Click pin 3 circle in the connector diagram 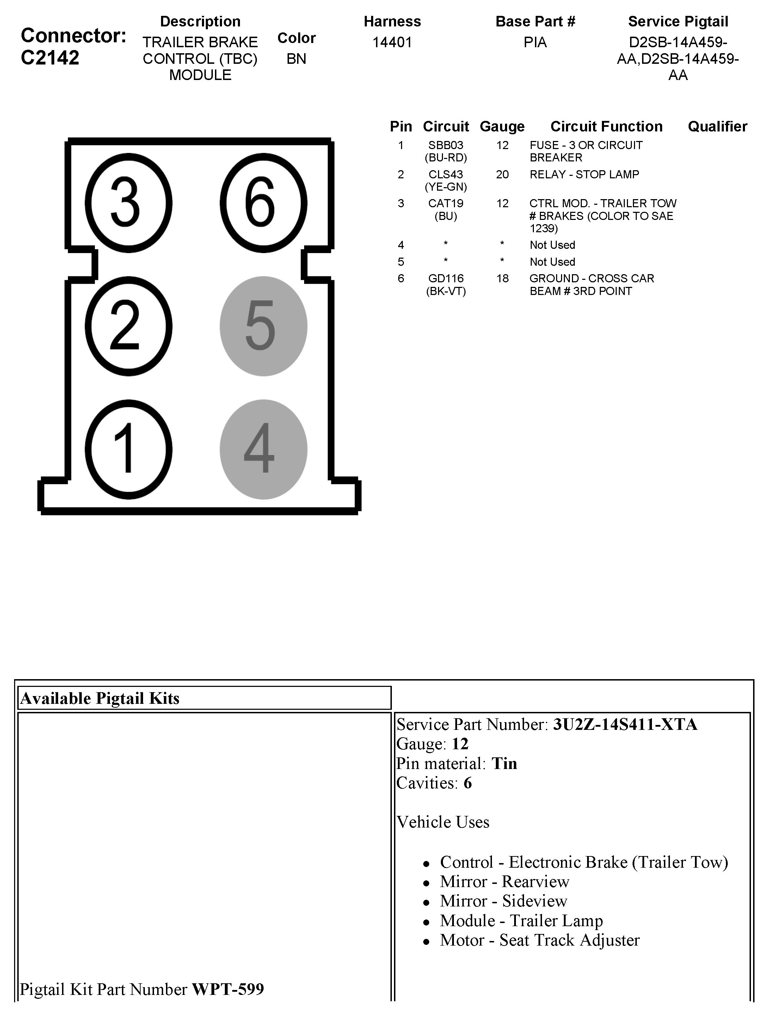(x=129, y=203)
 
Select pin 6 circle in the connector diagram (x=263, y=203)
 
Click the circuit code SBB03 (x=445, y=146)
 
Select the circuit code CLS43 (x=445, y=174)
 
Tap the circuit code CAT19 (x=445, y=203)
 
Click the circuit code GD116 (x=445, y=278)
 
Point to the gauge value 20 (x=502, y=174)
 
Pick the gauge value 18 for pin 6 (x=502, y=278)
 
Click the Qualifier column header (x=717, y=126)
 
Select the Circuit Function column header (x=606, y=126)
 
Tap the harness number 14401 (x=392, y=42)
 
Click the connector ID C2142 (x=50, y=58)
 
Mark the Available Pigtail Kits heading (x=100, y=698)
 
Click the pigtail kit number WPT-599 (x=228, y=989)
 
